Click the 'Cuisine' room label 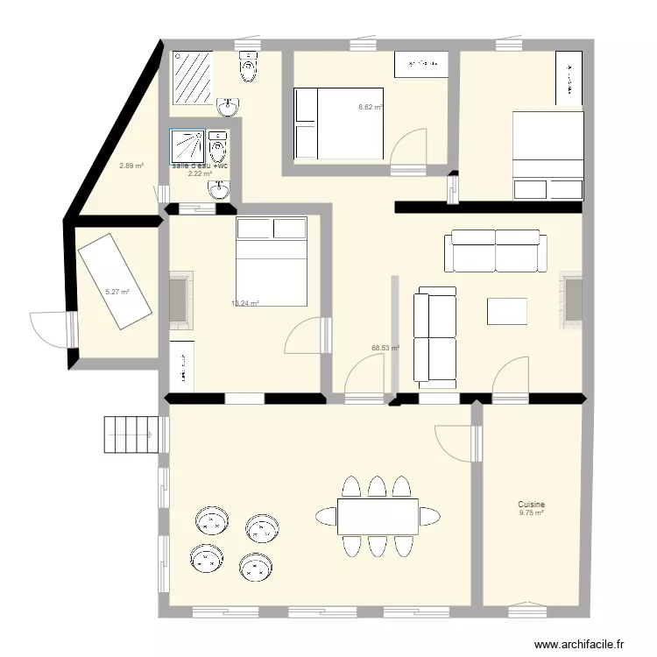(531, 505)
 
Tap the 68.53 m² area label (385, 348)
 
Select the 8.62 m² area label (370, 107)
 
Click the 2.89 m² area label (131, 166)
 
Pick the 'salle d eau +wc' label (201, 166)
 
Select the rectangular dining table (378, 516)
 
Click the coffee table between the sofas (507, 312)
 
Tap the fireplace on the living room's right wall (572, 300)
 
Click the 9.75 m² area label (531, 513)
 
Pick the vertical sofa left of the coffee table (435, 337)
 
